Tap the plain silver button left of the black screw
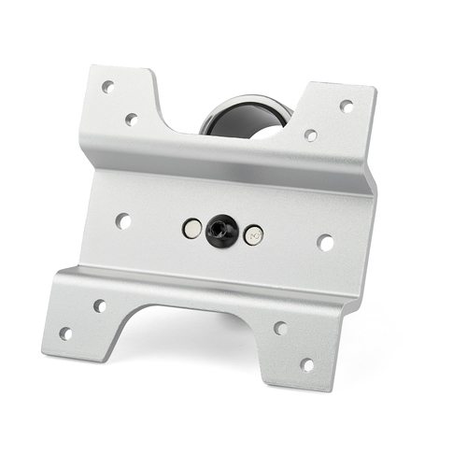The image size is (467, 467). (x=192, y=227)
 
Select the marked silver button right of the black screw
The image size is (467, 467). (x=253, y=235)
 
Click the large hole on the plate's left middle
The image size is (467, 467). (x=122, y=221)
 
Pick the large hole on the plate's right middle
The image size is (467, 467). (x=325, y=242)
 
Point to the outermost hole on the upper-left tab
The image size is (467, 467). (x=107, y=86)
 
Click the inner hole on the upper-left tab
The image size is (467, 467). (x=132, y=119)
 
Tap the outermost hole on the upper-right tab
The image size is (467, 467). (x=347, y=106)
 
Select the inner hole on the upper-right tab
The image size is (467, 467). (x=310, y=134)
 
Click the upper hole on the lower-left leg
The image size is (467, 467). (x=99, y=305)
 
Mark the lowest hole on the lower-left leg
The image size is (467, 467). (x=65, y=333)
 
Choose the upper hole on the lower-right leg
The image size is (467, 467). (x=279, y=328)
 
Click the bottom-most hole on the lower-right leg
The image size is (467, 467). (x=306, y=364)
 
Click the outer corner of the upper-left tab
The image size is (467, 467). (x=91, y=68)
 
